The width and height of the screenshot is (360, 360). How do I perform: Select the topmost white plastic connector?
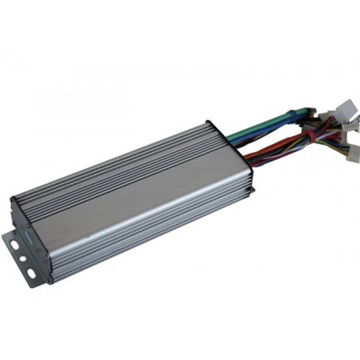(346, 110)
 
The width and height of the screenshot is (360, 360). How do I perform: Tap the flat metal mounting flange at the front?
(24, 253)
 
